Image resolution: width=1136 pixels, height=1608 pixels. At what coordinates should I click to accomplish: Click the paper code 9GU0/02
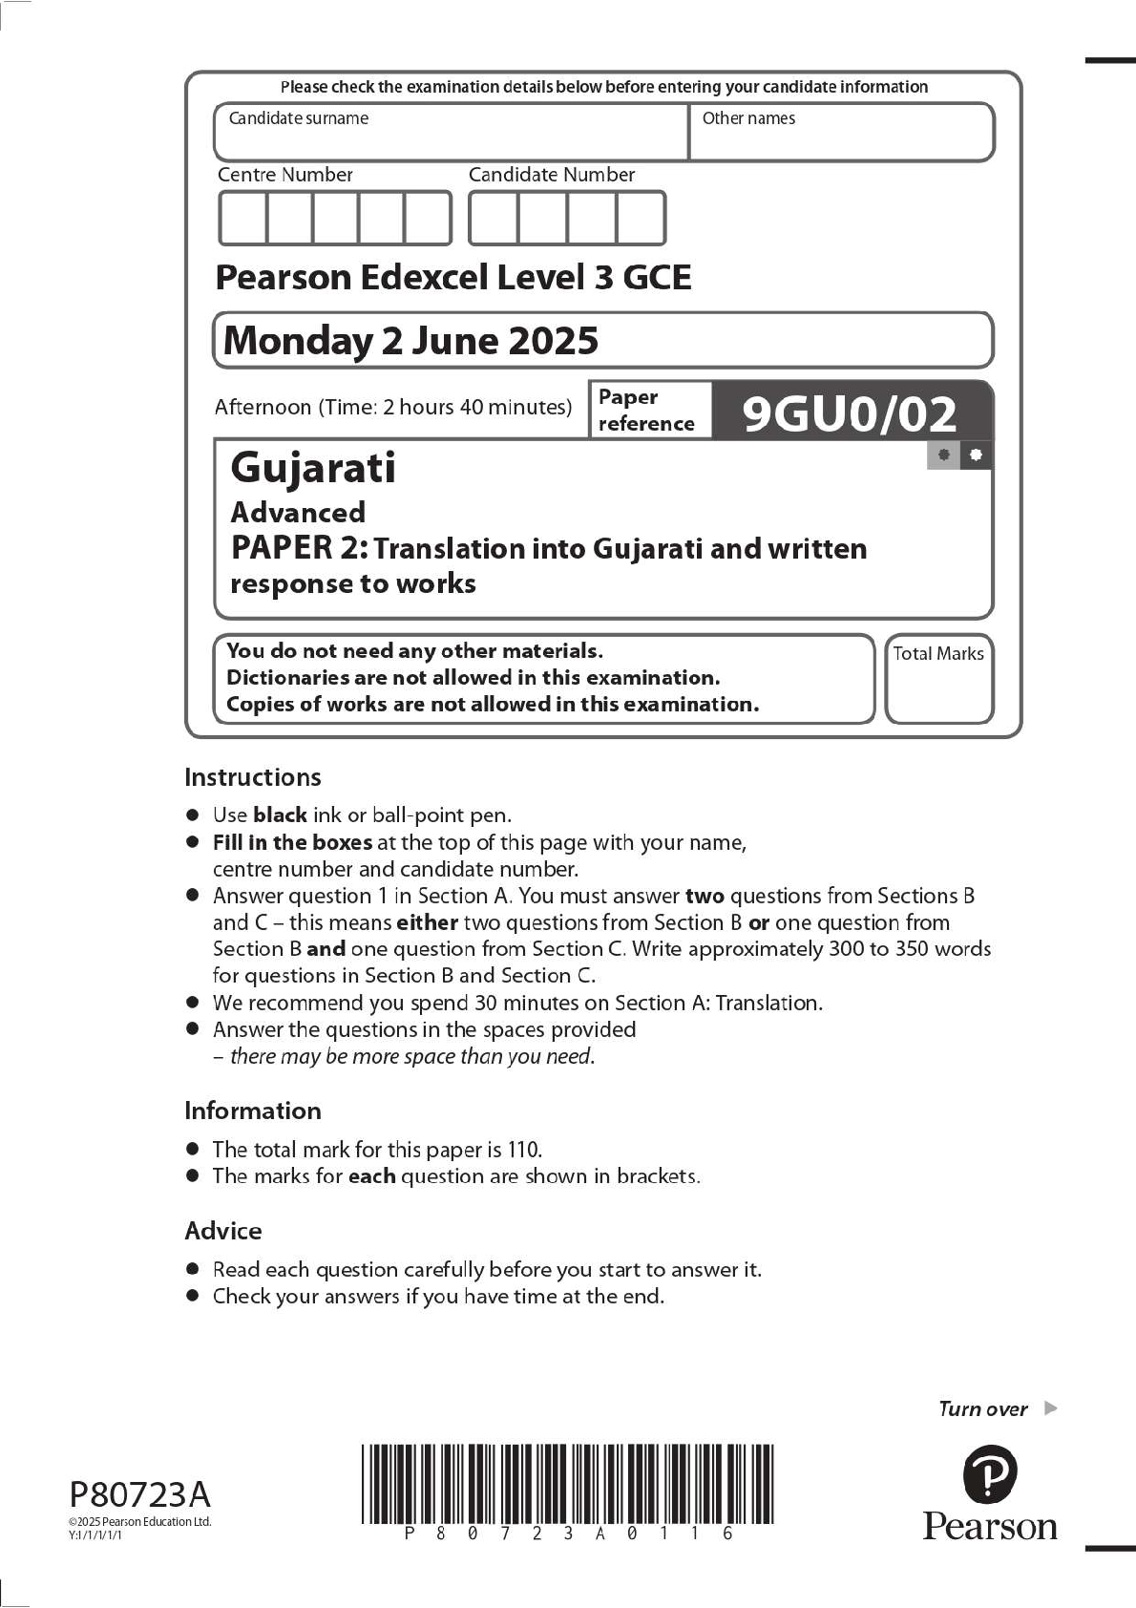(x=849, y=413)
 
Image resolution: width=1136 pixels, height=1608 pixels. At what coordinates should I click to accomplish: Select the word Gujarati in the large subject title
(x=313, y=468)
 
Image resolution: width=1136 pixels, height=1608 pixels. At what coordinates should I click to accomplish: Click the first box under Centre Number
(x=243, y=219)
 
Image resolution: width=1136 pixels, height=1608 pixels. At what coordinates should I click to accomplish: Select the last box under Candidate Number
(x=641, y=219)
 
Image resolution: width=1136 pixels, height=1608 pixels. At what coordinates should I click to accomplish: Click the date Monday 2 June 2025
(x=410, y=341)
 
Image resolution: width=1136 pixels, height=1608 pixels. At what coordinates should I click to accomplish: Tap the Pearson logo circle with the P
(x=989, y=1474)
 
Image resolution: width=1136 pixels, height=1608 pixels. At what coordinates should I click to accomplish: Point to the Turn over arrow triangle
(x=1051, y=1407)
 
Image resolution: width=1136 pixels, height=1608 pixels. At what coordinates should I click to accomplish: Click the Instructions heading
(x=253, y=777)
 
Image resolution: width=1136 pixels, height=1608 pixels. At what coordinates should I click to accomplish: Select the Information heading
(x=253, y=1111)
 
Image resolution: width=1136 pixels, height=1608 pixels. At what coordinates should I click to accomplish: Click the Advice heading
(x=223, y=1231)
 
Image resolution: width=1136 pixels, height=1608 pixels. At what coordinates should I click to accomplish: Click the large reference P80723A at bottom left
(x=139, y=1494)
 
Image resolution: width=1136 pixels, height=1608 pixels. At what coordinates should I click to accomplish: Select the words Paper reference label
(x=646, y=411)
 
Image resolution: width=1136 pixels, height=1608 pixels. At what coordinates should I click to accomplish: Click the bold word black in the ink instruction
(x=280, y=815)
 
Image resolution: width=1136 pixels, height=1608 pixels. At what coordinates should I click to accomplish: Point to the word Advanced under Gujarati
(x=298, y=513)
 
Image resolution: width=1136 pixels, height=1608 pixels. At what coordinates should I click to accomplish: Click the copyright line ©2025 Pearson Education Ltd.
(x=139, y=1522)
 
